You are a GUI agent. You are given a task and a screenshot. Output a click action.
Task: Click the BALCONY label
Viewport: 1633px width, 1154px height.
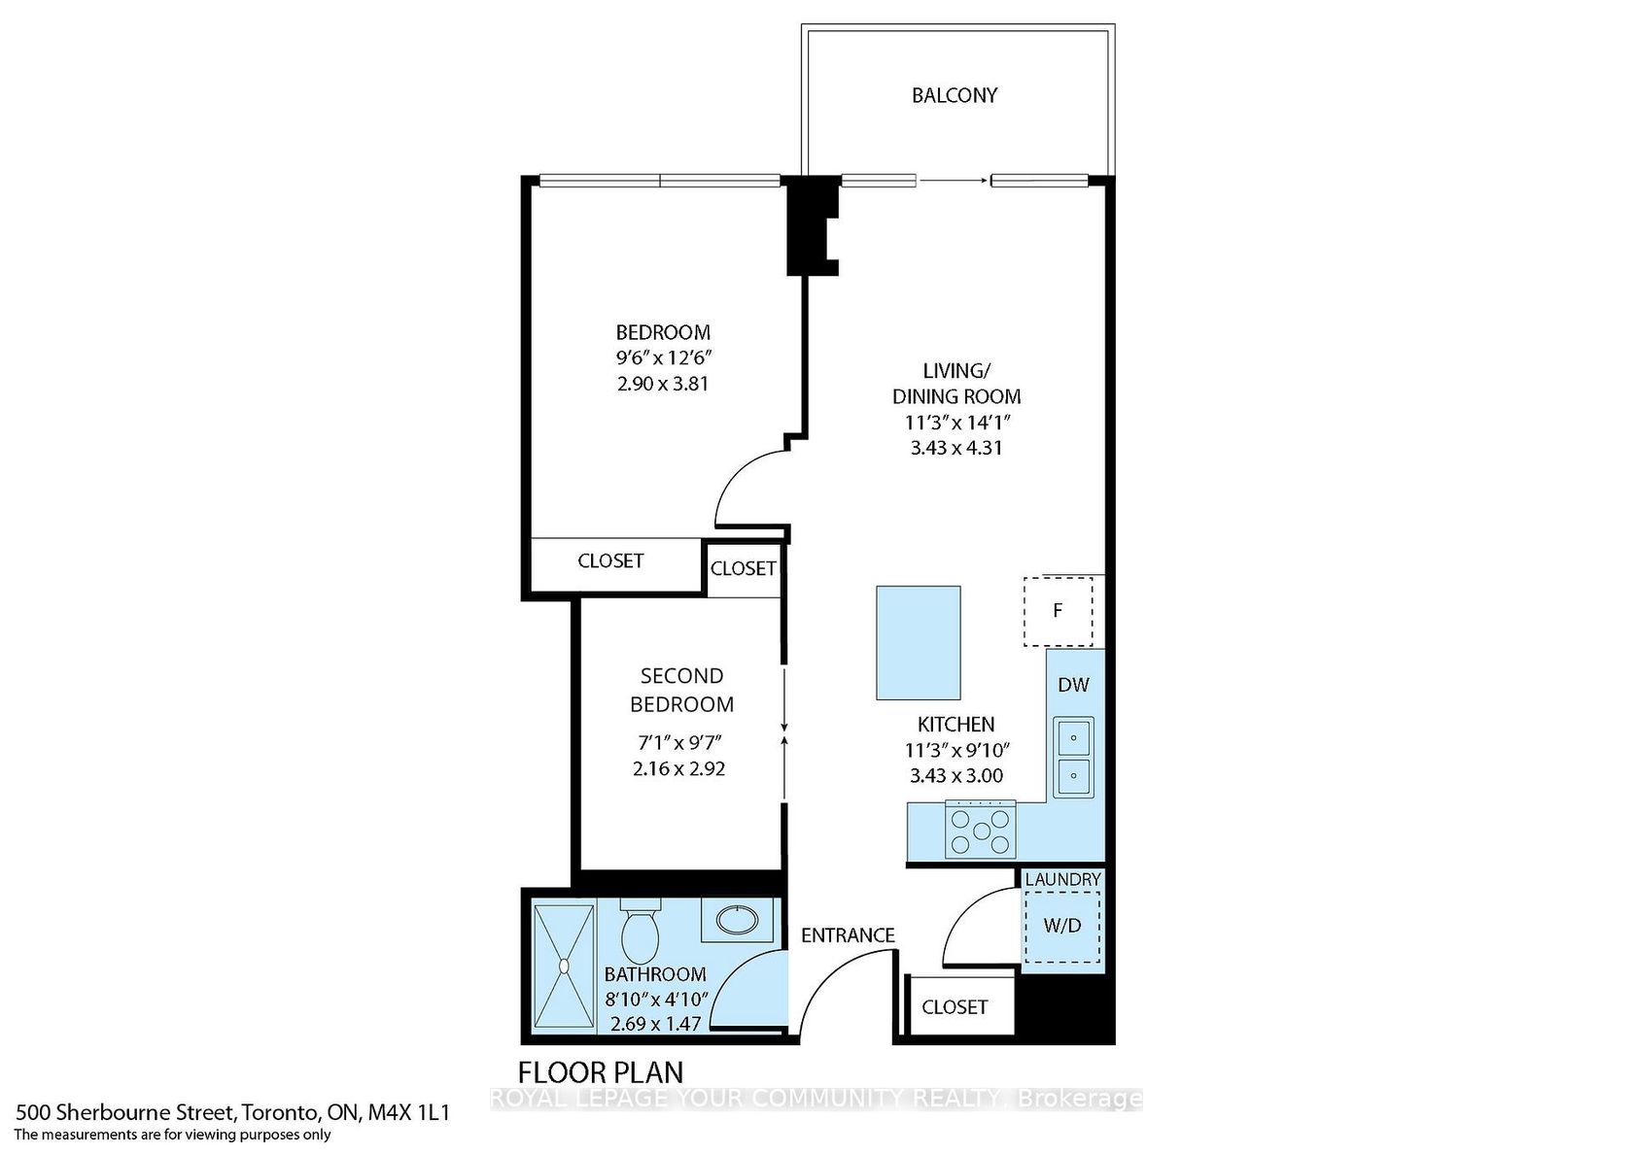[955, 95]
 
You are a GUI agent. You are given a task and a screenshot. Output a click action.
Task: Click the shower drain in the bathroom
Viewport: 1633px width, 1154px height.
[564, 966]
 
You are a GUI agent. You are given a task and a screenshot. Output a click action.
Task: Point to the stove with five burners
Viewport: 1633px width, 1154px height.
[981, 830]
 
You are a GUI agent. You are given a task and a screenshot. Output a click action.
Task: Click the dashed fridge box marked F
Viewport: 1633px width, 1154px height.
[1058, 611]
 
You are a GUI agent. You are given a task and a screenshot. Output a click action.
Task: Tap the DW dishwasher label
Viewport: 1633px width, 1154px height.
[1073, 684]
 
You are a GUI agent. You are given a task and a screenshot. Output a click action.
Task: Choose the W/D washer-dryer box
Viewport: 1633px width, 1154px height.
[1062, 926]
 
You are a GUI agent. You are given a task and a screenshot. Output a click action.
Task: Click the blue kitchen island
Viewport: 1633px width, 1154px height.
[919, 642]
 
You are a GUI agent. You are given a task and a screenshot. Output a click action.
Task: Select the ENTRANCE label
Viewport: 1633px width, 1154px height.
[848, 934]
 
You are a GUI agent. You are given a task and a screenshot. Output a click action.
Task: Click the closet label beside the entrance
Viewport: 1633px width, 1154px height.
[955, 1006]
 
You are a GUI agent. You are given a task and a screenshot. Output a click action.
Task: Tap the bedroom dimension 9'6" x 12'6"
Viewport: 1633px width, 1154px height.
[663, 357]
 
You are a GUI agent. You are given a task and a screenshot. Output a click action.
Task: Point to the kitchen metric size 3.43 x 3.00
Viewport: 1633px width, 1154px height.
[955, 775]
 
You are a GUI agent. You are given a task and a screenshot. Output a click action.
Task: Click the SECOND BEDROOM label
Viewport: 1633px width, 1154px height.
[681, 690]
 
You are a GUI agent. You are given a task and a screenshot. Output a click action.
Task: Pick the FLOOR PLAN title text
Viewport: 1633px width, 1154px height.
[601, 1072]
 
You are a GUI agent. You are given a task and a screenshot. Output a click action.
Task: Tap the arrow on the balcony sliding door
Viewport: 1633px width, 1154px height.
[954, 180]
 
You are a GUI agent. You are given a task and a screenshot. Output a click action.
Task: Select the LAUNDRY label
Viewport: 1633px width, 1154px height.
[1062, 879]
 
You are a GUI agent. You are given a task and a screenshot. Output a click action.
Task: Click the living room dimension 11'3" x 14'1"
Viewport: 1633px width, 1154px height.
[955, 423]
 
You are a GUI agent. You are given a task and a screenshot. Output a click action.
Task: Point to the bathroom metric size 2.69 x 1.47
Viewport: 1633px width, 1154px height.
[655, 1024]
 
